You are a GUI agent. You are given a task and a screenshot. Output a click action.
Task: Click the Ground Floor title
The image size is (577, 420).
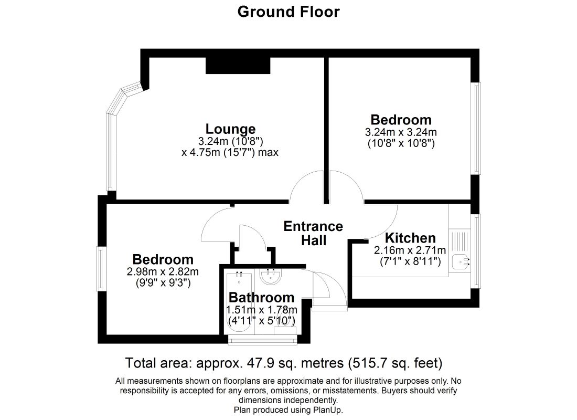(288, 12)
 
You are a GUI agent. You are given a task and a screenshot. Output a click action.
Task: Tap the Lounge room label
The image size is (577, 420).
(230, 129)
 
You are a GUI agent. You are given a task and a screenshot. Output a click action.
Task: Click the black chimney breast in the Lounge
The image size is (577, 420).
(238, 66)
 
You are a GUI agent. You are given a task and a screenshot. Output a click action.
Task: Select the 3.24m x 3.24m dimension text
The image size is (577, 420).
(401, 132)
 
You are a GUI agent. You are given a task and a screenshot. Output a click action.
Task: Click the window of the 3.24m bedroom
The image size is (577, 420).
(476, 128)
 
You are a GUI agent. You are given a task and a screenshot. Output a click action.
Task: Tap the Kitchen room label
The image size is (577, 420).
(410, 238)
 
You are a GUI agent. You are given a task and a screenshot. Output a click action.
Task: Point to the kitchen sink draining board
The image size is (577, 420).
(460, 241)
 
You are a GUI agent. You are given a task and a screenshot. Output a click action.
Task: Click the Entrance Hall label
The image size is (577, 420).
(313, 233)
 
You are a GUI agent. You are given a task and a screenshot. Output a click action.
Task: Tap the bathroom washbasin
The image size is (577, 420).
(271, 277)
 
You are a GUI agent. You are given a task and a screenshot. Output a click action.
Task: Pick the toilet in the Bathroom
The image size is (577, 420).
(285, 324)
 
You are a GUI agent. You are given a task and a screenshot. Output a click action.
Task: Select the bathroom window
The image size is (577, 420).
(262, 340)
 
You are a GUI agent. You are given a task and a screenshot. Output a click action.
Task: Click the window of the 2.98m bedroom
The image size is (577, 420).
(101, 269)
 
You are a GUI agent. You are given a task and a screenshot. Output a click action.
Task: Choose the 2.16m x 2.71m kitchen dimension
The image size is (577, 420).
(410, 250)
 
